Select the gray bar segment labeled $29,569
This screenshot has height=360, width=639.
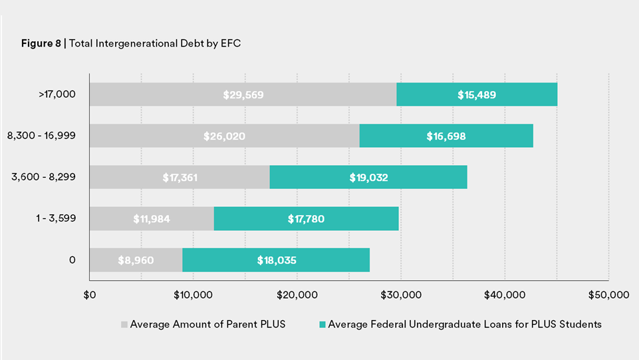tap(243, 94)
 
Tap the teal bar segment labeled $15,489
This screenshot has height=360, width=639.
tap(477, 94)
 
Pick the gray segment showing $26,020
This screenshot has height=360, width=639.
tap(224, 136)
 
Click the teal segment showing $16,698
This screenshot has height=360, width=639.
tap(446, 136)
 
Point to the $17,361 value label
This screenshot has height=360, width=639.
tap(180, 178)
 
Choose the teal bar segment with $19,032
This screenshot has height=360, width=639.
tap(368, 178)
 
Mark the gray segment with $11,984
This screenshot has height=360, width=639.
tap(152, 218)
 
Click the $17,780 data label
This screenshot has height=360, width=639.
tap(306, 218)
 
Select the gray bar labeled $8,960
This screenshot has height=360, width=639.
tap(136, 260)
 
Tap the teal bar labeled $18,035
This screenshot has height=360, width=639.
tap(276, 260)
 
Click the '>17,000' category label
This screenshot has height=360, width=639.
tap(58, 94)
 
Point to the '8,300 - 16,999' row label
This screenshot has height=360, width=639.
tap(41, 136)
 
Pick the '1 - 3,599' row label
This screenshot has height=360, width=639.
tap(56, 218)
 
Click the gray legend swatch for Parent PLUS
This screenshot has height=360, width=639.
tap(124, 325)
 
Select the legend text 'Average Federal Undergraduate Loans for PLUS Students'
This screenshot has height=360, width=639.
tap(464, 324)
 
